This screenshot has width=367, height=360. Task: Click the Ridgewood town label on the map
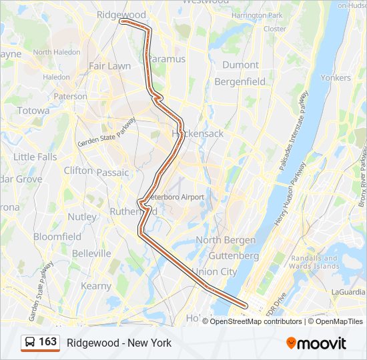(x=121, y=14)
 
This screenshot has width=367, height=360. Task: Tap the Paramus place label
(x=167, y=59)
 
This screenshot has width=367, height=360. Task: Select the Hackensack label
(x=198, y=133)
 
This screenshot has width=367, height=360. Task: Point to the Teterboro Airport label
(x=175, y=197)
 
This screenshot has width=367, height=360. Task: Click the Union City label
(x=214, y=272)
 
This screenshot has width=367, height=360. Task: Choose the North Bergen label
(x=225, y=240)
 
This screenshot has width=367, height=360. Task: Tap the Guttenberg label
(x=234, y=256)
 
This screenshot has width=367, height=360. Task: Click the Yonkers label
(x=335, y=78)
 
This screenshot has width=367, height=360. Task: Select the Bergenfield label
(x=240, y=82)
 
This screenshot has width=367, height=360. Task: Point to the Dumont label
(x=240, y=65)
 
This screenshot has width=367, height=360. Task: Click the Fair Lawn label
(x=109, y=66)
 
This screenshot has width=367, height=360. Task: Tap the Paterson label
(x=70, y=96)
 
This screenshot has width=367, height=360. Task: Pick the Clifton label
(x=78, y=171)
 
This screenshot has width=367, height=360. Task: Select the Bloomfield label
(x=57, y=237)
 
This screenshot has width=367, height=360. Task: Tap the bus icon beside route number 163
(x=30, y=342)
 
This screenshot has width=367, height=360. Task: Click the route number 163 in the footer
(x=47, y=342)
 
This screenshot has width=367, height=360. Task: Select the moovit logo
(x=316, y=343)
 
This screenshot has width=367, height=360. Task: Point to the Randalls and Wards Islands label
(x=315, y=262)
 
